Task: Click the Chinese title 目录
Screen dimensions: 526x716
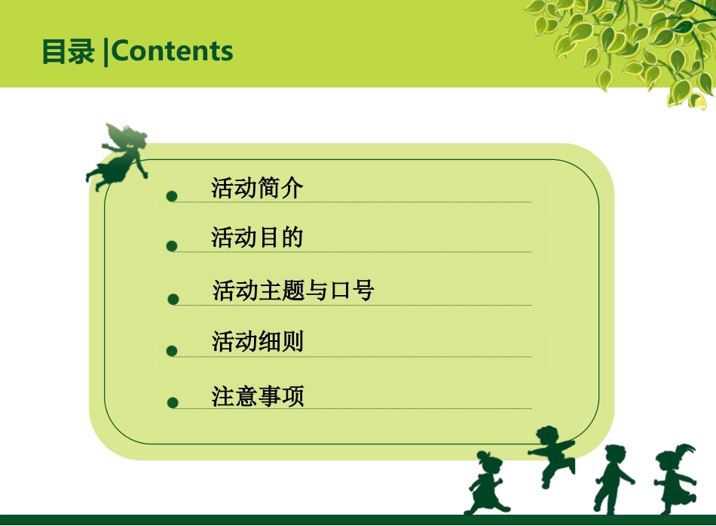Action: point(68,51)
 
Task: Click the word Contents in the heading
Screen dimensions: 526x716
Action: point(173,51)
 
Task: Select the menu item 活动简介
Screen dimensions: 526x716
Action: point(257,188)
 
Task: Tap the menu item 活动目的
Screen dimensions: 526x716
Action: point(257,238)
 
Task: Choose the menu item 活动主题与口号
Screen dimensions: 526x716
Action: point(293,291)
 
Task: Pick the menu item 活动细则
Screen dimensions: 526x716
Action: point(257,342)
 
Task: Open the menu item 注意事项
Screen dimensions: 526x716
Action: point(257,396)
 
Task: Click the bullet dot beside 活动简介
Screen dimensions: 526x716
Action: point(172,196)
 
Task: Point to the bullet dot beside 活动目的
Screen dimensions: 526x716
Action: point(172,246)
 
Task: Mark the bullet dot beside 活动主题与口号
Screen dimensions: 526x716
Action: point(173,300)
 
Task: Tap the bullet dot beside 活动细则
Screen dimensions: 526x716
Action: point(172,351)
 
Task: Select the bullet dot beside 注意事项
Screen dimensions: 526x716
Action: point(173,403)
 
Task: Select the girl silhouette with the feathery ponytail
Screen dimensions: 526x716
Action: point(674,478)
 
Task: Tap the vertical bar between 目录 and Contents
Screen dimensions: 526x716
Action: point(106,51)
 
